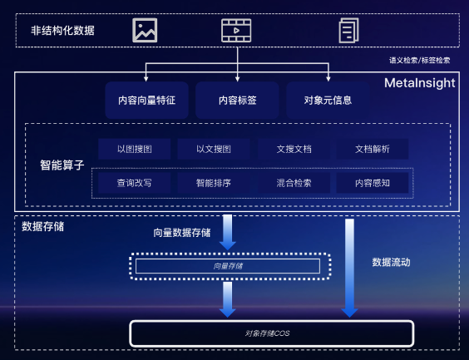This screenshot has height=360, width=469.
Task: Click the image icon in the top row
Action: [x=145, y=31]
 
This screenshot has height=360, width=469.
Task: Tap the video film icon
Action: [x=236, y=31]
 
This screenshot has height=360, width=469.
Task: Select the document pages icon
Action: [x=347, y=31]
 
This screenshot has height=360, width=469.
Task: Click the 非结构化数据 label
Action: [x=62, y=31]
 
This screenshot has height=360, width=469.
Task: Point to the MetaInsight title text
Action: [x=419, y=83]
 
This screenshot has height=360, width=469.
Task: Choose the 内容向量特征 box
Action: [x=147, y=100]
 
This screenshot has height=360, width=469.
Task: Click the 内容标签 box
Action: [x=236, y=100]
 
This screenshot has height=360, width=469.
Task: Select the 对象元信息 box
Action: [x=328, y=100]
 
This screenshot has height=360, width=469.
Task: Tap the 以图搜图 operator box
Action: [x=134, y=149]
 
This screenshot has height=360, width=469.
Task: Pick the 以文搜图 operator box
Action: [x=213, y=149]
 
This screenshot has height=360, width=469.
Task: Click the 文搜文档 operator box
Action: [x=294, y=149]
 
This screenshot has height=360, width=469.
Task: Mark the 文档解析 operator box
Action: [x=372, y=149]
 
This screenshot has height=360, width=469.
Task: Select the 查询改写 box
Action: [x=134, y=183]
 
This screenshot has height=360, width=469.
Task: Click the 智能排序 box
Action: [x=213, y=183]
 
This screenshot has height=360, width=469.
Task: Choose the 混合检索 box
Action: [x=294, y=183]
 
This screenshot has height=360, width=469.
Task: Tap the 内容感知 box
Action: [x=372, y=183]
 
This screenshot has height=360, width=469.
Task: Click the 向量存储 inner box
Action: [x=227, y=266]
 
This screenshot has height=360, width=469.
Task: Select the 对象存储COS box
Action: [x=271, y=333]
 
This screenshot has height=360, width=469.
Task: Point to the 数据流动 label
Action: [x=391, y=262]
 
